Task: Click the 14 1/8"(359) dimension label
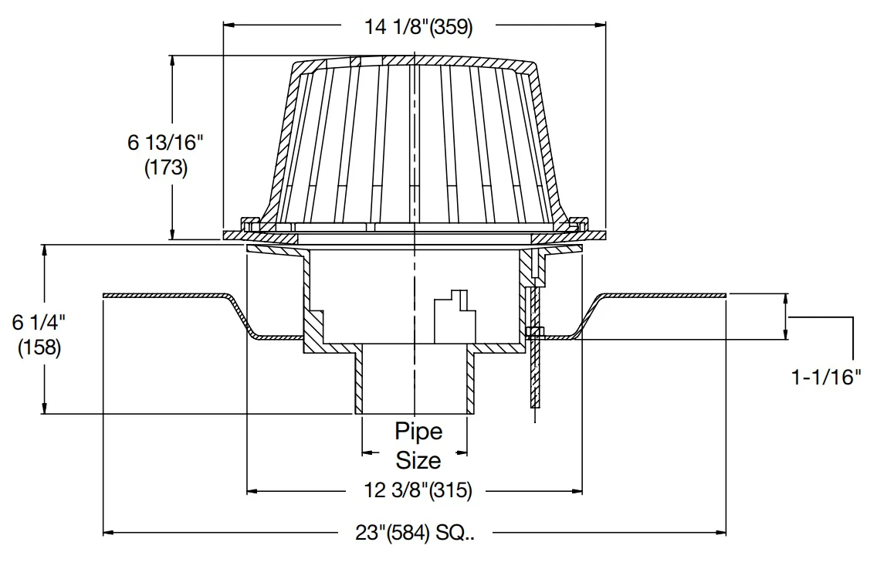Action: pos(418,26)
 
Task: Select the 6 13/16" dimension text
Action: pos(165,143)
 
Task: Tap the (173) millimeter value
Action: pos(166,168)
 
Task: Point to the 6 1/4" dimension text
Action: pos(39,322)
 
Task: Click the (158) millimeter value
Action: pos(39,347)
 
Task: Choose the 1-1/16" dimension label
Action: pos(825,378)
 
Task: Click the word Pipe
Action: pos(418,431)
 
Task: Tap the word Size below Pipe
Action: pos(418,460)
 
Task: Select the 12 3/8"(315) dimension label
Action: pos(418,490)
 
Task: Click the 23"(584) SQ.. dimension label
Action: pos(415,533)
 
